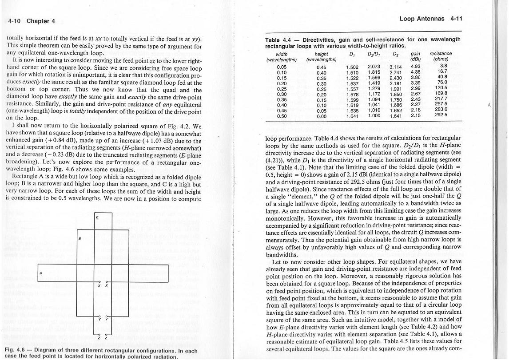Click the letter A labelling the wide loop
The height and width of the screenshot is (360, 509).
40,273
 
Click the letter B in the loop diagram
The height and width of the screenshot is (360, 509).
79,238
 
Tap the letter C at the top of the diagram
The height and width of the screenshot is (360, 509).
97,217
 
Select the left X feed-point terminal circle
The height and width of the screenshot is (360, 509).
100,282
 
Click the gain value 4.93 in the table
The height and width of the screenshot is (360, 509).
416,67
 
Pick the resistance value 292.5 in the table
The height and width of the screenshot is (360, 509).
441,115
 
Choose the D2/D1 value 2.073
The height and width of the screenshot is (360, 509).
374,67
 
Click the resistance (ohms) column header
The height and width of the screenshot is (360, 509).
441,56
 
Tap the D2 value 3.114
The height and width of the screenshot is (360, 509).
395,67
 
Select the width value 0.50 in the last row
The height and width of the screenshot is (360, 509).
282,116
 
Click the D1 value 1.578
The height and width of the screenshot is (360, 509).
352,94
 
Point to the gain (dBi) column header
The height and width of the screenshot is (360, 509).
416,56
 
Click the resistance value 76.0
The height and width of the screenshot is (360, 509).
442,83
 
